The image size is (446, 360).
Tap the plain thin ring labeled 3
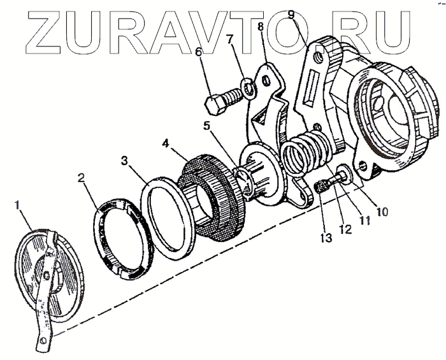click(x=169, y=217)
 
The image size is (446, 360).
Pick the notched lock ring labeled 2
click(x=121, y=235)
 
